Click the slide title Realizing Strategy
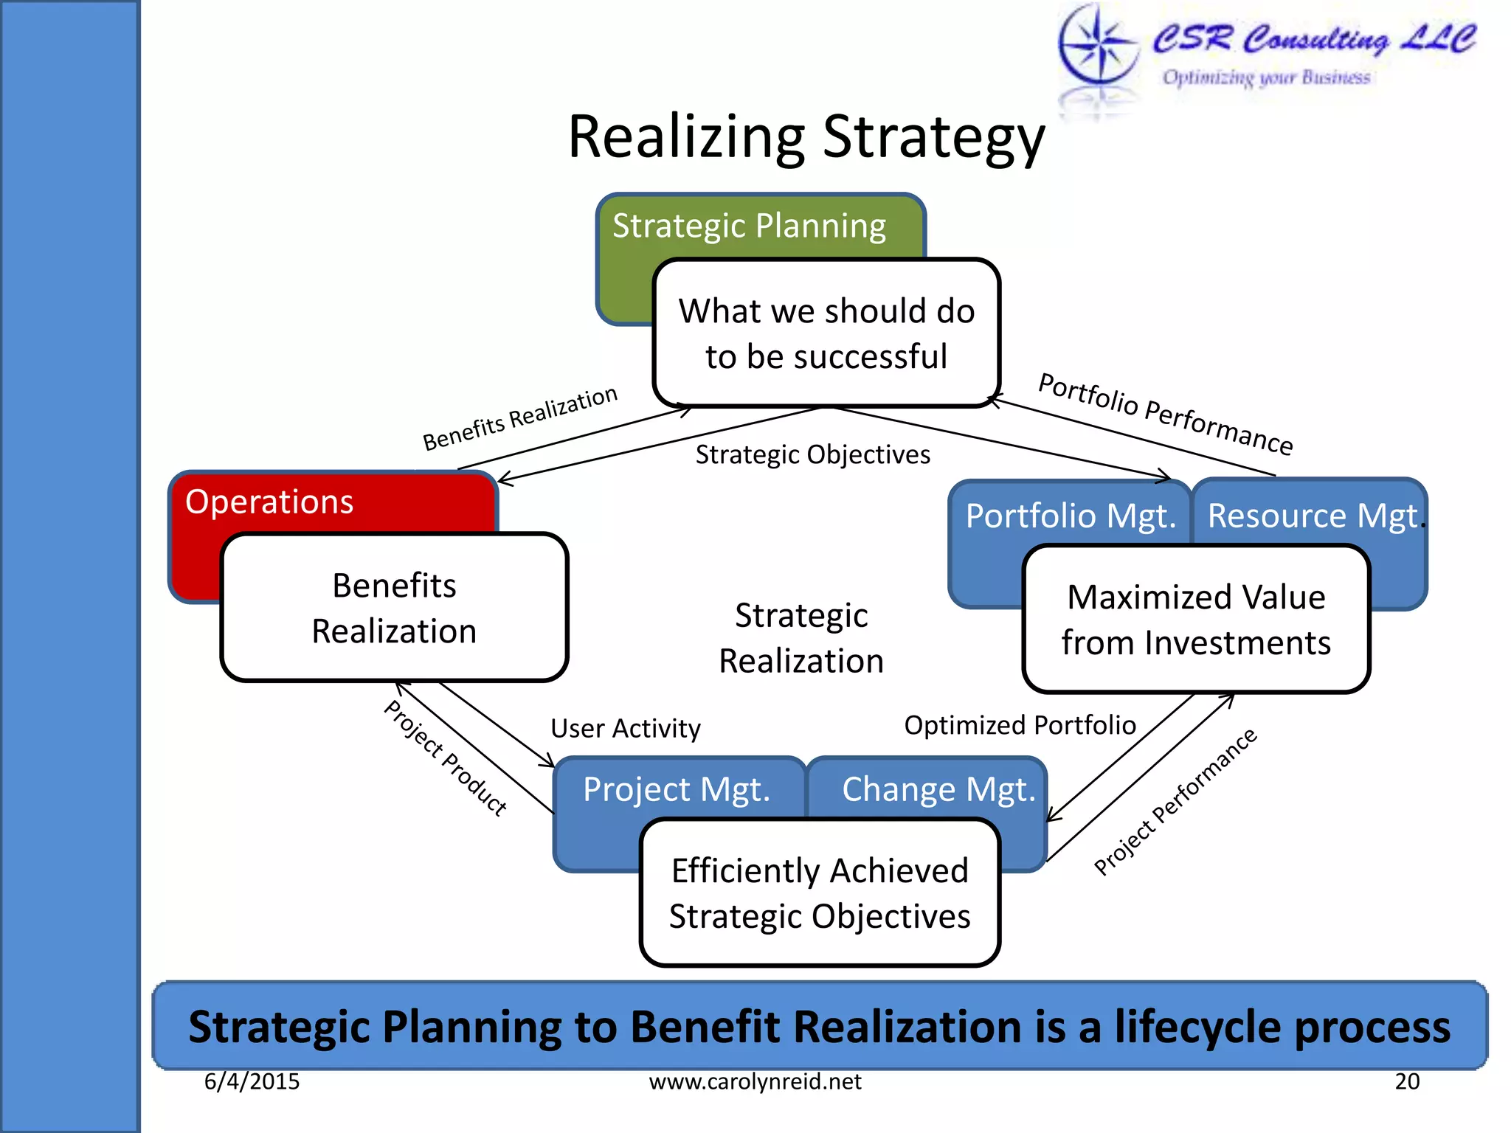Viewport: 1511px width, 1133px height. (x=806, y=138)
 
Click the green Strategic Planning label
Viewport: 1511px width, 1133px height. (x=749, y=226)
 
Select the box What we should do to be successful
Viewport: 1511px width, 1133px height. (x=826, y=333)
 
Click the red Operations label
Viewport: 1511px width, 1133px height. (x=269, y=502)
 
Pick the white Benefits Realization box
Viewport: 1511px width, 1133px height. (x=394, y=608)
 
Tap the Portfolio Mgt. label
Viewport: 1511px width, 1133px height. (x=1070, y=516)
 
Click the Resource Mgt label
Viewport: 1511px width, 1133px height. (x=1312, y=516)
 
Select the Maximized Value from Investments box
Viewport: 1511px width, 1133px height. (x=1196, y=620)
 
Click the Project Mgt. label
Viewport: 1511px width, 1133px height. (x=677, y=789)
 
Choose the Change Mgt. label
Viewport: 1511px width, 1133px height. (x=938, y=789)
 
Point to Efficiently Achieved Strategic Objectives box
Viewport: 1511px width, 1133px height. (x=820, y=893)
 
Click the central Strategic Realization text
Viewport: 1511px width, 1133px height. (x=801, y=638)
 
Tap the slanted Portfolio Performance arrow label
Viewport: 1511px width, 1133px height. (x=1165, y=415)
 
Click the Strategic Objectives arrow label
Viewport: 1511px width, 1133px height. (x=812, y=454)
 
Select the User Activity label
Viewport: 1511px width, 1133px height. (x=626, y=728)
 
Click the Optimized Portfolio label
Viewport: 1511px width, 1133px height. (x=1020, y=725)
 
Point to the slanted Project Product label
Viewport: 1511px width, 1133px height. (x=446, y=758)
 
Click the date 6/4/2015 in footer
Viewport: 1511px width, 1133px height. (x=252, y=1081)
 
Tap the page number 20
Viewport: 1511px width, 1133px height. (x=1407, y=1081)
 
